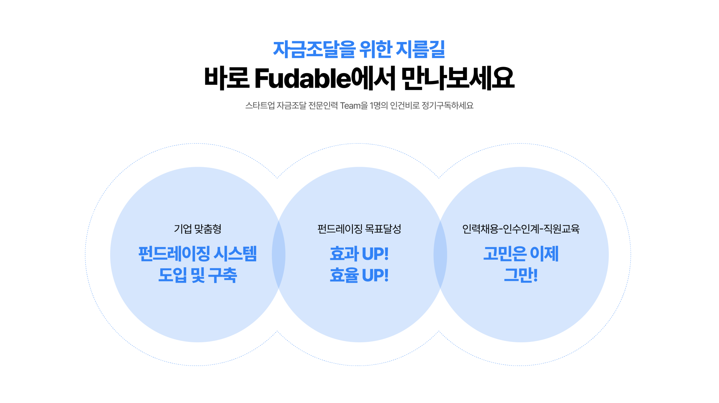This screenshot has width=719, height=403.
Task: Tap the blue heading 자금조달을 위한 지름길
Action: [x=359, y=49]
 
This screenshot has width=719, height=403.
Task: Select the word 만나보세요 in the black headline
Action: [x=458, y=79]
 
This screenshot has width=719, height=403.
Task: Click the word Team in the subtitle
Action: [x=350, y=106]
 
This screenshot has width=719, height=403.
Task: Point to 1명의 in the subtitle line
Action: [x=379, y=106]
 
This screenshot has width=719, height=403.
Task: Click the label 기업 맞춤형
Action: [x=198, y=229]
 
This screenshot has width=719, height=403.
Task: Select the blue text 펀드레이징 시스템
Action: [x=198, y=254]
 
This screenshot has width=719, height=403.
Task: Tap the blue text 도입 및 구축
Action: [x=198, y=275]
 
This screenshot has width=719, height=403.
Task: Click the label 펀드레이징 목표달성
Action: [x=359, y=229]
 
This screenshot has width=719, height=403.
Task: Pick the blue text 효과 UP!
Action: [x=359, y=254]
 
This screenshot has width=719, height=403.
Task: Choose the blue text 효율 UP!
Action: [x=359, y=275]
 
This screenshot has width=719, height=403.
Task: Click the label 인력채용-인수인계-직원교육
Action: [x=521, y=229]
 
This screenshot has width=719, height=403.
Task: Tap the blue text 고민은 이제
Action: [x=521, y=254]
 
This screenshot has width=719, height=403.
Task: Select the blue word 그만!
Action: [x=521, y=275]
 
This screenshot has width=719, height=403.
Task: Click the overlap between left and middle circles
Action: [x=279, y=255]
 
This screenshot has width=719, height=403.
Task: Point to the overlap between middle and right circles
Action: [x=440, y=255]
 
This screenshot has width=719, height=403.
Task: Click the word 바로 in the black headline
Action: [x=227, y=79]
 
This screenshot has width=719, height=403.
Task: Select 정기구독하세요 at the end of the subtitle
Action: [x=448, y=106]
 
